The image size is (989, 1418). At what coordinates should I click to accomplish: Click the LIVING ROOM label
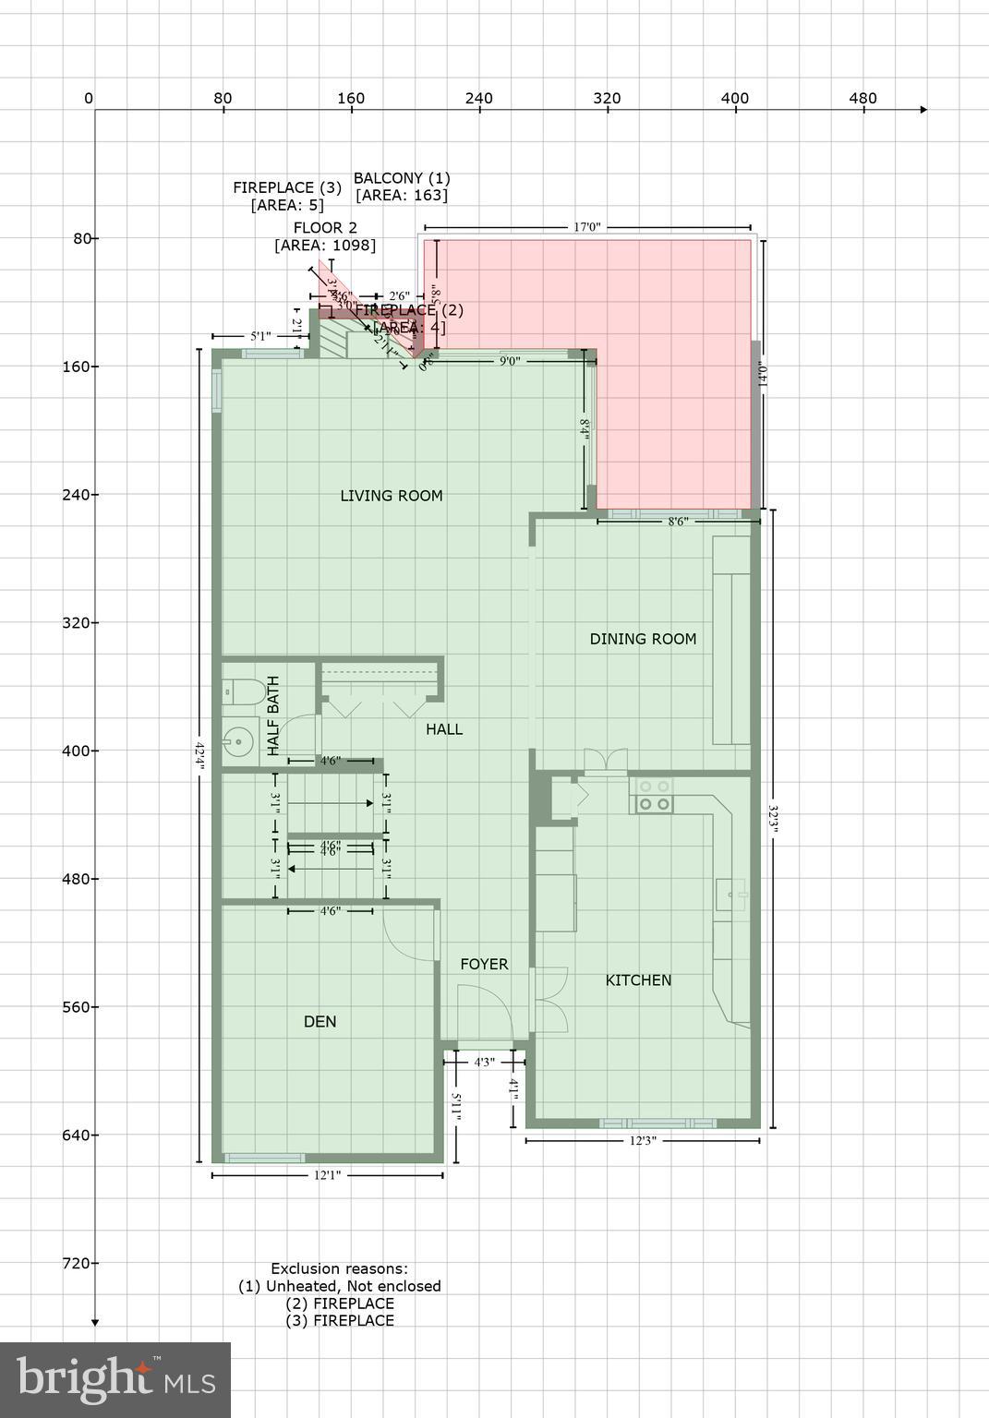pyautogui.click(x=392, y=496)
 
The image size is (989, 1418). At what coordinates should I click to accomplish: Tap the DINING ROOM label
pyautogui.click(x=643, y=639)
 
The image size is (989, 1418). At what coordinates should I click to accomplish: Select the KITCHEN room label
pyautogui.click(x=638, y=980)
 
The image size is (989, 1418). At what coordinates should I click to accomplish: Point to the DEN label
pyautogui.click(x=320, y=1022)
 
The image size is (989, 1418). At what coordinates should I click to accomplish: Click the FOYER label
pyautogui.click(x=484, y=965)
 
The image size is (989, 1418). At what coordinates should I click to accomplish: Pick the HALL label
pyautogui.click(x=444, y=729)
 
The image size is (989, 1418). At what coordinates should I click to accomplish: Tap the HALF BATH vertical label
pyautogui.click(x=273, y=717)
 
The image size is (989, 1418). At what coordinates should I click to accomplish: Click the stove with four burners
pyautogui.click(x=653, y=796)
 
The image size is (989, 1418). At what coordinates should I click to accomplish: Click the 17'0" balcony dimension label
pyautogui.click(x=586, y=226)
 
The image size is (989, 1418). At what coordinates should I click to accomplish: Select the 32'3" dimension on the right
pyautogui.click(x=773, y=818)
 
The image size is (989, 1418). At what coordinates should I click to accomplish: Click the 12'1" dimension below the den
pyautogui.click(x=328, y=1176)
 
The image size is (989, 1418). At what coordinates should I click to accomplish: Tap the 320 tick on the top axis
pyautogui.click(x=607, y=99)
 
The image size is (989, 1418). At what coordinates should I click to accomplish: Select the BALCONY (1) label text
pyautogui.click(x=402, y=178)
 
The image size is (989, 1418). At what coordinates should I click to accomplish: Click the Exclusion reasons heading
pyautogui.click(x=339, y=1269)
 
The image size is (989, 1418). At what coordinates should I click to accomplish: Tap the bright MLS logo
pyautogui.click(x=115, y=1380)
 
